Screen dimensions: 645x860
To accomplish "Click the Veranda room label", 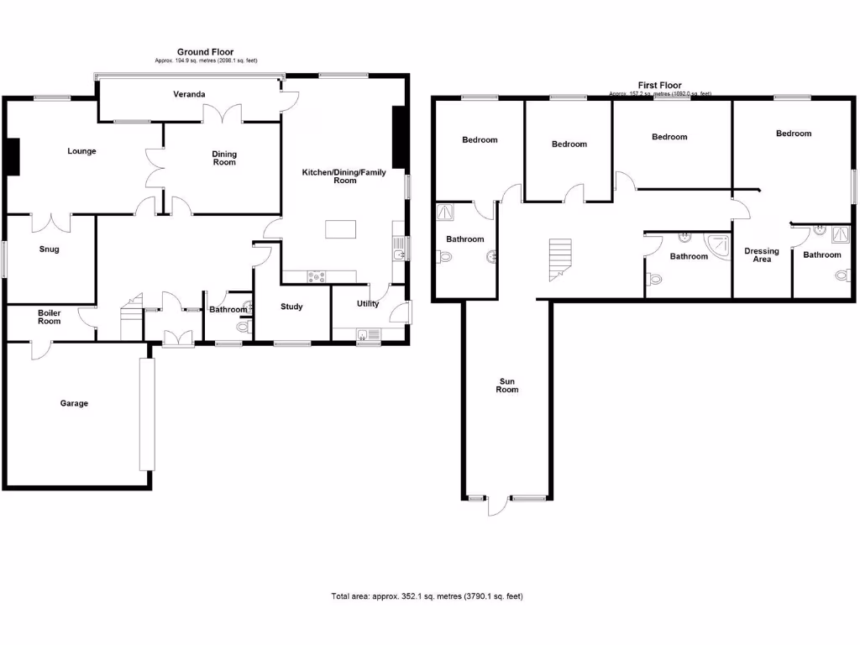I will (189, 94).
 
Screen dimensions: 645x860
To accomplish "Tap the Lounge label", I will (82, 151).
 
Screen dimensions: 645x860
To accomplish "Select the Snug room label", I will (50, 249).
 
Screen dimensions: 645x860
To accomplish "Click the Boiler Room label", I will (50, 317).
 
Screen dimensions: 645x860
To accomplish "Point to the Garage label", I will (74, 403).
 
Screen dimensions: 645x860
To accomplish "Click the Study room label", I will (291, 307).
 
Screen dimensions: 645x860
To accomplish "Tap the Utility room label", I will (367, 304).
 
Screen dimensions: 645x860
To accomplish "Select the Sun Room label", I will (506, 385).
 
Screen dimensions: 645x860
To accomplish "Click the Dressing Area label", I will (762, 255).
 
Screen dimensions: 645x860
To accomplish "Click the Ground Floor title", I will (205, 52).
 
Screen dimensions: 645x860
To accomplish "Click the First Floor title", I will (659, 86).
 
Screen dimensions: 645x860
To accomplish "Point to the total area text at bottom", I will (427, 596).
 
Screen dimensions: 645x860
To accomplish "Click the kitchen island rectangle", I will (342, 229).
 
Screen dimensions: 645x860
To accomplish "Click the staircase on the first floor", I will (559, 258).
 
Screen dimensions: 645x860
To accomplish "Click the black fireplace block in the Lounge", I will (13, 157).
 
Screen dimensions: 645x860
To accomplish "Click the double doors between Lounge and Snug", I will (51, 221).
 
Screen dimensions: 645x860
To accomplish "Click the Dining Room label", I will (224, 158).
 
